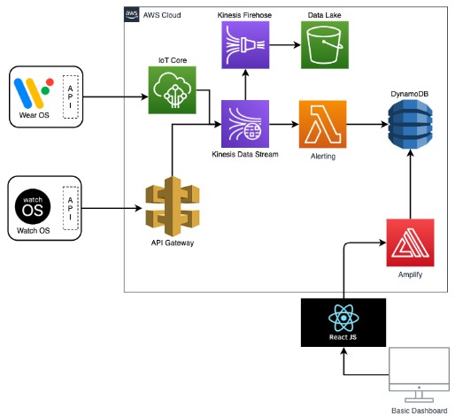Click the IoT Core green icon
point(172,90)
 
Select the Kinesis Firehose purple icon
point(245,45)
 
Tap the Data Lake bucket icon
point(325,45)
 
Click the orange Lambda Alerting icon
point(323,124)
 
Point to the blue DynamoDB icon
point(410,124)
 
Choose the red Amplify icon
point(410,243)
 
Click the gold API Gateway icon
point(173,206)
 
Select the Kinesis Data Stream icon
point(245,124)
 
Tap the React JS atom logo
point(343,319)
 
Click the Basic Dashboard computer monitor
point(420,375)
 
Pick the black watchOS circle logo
point(33,206)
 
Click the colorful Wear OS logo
point(34,93)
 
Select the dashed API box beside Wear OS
point(71,96)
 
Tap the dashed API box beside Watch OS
point(71,208)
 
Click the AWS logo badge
point(132,14)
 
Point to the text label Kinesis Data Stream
point(245,154)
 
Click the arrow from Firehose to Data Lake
point(285,45)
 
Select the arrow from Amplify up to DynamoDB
point(410,184)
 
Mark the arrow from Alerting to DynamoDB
point(367,124)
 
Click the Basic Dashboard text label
point(420,411)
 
